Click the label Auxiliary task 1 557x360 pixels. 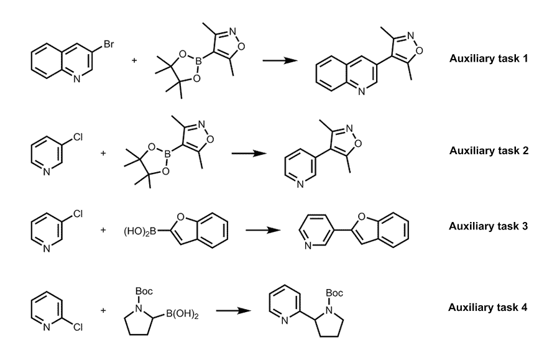pyautogui.click(x=488, y=59)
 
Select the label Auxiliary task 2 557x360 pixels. pyautogui.click(x=488, y=150)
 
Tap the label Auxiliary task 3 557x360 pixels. pyautogui.click(x=488, y=226)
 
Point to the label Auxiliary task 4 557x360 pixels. pyautogui.click(x=488, y=307)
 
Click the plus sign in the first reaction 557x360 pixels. pyautogui.click(x=134, y=61)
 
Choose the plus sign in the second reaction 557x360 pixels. pyautogui.click(x=103, y=151)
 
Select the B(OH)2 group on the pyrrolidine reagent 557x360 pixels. pyautogui.click(x=181, y=316)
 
